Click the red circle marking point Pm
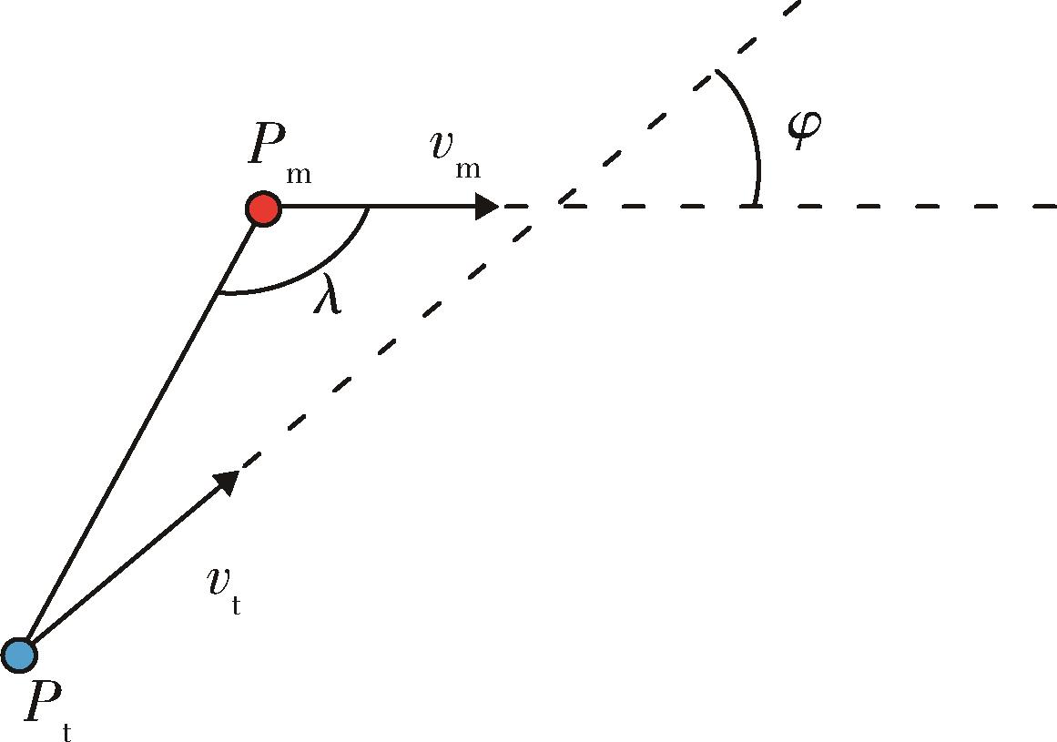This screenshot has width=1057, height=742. click(264, 208)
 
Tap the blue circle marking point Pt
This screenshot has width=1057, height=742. click(19, 656)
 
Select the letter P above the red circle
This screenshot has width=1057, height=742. click(268, 144)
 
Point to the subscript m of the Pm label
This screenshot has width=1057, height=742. click(298, 175)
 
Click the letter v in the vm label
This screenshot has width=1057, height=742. click(445, 146)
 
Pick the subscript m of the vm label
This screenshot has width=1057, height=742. click(468, 169)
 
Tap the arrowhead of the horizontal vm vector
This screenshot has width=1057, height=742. click(487, 207)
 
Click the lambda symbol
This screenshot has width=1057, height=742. click(329, 293)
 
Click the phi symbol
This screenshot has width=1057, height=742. click(805, 128)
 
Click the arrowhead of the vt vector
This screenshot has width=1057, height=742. click(228, 482)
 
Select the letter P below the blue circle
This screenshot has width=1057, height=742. click(43, 701)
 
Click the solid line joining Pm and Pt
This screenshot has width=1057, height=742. click(141, 432)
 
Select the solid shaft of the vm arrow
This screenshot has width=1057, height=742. click(378, 207)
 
